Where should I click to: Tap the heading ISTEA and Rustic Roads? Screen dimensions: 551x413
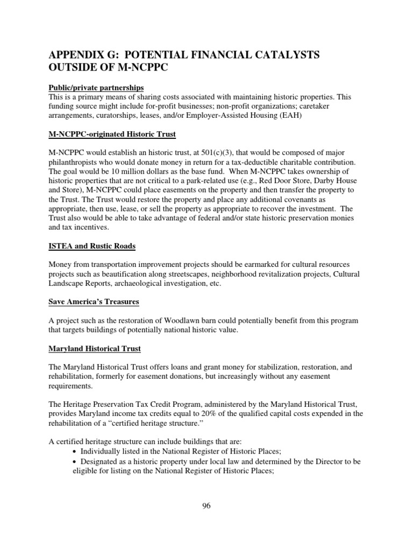click(x=91, y=246)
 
